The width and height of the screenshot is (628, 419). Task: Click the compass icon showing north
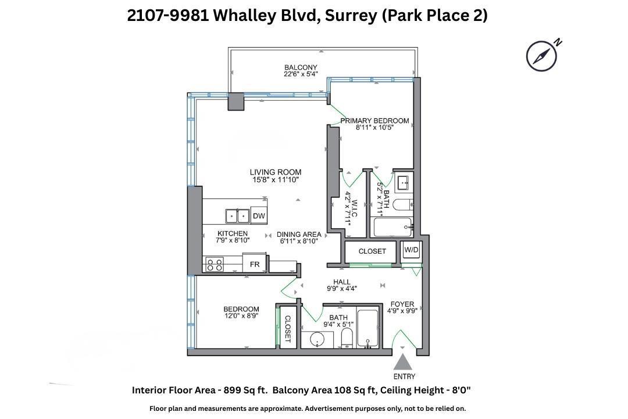(542, 56)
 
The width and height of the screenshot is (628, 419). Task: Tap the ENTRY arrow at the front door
(404, 364)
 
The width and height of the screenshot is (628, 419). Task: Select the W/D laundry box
(412, 251)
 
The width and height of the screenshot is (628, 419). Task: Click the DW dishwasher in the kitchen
(259, 216)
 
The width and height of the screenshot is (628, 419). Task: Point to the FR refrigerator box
(255, 264)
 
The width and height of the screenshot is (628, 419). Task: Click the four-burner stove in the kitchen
(214, 264)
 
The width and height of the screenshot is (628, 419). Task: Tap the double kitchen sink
(237, 216)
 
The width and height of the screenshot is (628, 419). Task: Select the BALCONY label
(301, 67)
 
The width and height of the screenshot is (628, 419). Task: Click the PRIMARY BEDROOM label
(374, 121)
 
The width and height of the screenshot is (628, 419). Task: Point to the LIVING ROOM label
(276, 172)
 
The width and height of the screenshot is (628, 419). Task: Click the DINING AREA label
(299, 235)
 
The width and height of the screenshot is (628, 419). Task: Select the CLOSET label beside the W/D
(372, 251)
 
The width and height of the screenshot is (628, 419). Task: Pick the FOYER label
(402, 304)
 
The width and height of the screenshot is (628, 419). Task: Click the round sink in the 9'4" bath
(317, 339)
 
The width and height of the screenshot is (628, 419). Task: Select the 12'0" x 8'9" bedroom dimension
(241, 317)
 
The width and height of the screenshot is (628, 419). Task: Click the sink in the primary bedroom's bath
(402, 184)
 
